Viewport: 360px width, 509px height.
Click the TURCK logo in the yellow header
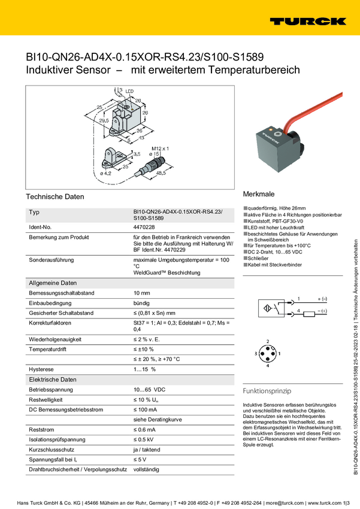click(307, 21)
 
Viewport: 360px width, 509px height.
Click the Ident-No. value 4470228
click(144, 228)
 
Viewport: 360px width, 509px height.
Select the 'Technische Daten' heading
click(55, 196)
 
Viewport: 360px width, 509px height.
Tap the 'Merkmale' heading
click(259, 195)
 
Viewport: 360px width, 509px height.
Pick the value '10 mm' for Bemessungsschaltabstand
click(141, 293)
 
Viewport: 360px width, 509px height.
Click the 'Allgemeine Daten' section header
click(53, 283)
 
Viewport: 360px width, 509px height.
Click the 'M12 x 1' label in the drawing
click(160, 147)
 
